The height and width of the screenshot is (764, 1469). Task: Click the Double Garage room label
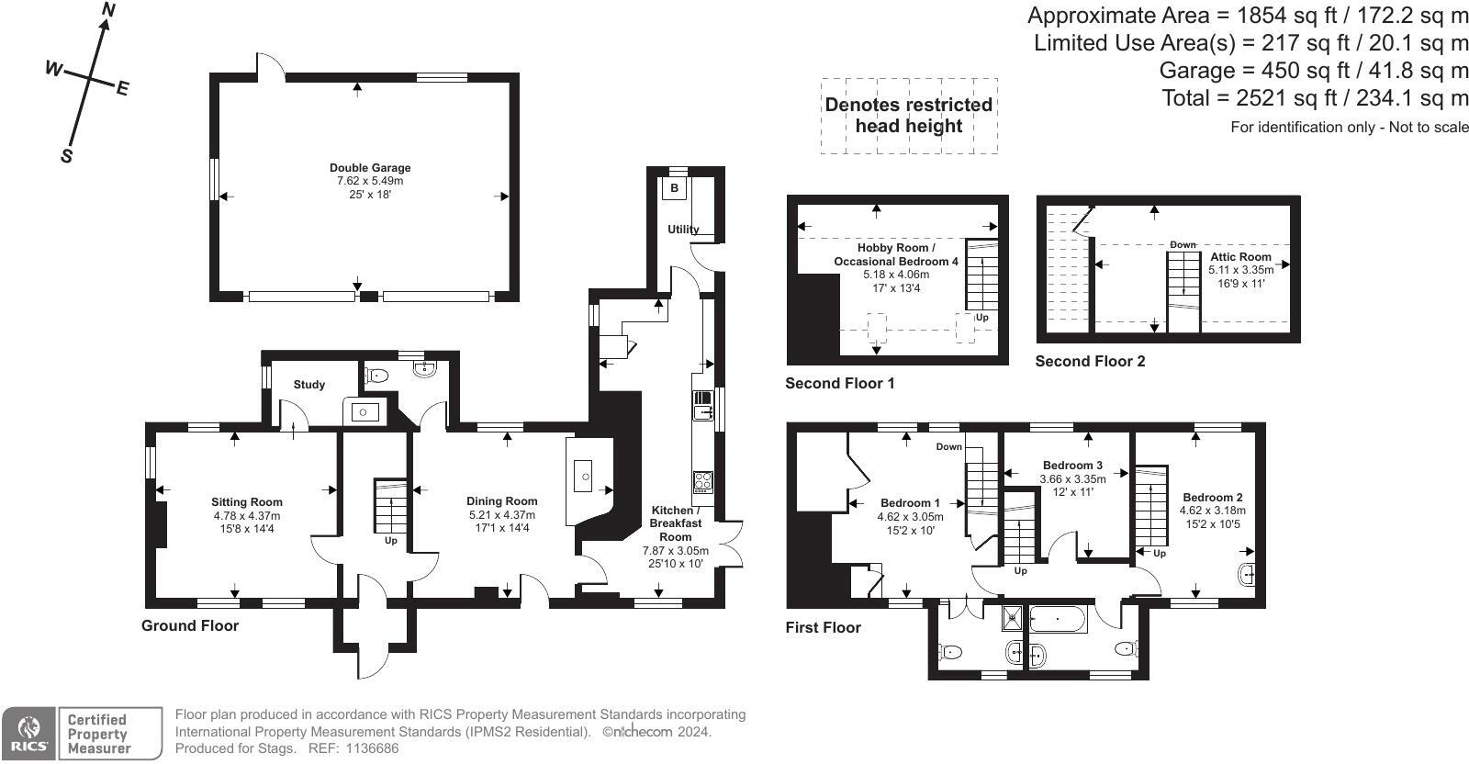tap(370, 168)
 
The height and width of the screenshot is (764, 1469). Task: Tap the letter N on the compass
tap(109, 10)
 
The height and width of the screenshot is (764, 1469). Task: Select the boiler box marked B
tap(674, 188)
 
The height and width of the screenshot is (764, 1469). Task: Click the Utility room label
tap(683, 230)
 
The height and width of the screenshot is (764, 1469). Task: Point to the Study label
tap(309, 385)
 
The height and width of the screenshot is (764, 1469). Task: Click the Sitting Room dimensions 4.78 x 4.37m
tap(247, 515)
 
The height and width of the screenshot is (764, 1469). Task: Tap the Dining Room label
tap(501, 501)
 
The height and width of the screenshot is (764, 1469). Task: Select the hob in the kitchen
tap(702, 482)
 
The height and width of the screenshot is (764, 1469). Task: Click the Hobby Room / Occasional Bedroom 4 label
tap(895, 254)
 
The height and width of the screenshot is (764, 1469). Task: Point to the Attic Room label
tap(1240, 257)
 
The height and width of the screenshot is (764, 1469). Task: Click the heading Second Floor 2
tap(1090, 361)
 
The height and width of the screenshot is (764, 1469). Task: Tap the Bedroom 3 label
tap(1072, 466)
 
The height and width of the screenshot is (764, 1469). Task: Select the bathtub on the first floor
tap(1059, 620)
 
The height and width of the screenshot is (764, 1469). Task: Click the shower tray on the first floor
tap(1013, 617)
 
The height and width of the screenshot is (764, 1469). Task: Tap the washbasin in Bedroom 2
tap(1247, 576)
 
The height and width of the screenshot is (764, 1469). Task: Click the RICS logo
tap(28, 734)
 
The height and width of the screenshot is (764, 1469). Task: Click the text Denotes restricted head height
tap(908, 116)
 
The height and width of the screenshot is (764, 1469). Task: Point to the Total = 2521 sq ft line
tap(1315, 98)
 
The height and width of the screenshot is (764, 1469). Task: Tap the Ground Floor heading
tap(190, 625)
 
